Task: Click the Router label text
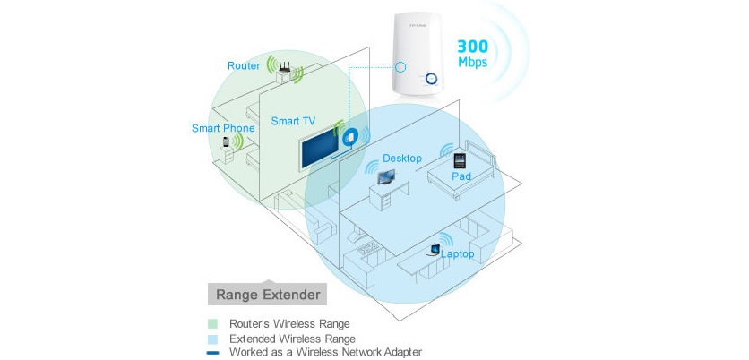pyautogui.click(x=243, y=66)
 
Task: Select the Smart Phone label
pyautogui.click(x=223, y=128)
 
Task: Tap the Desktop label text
pyautogui.click(x=401, y=158)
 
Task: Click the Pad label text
pyautogui.click(x=461, y=176)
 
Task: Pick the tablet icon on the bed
pyautogui.click(x=460, y=160)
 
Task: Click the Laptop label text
pyautogui.click(x=457, y=253)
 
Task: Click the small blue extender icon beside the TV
pyautogui.click(x=352, y=135)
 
